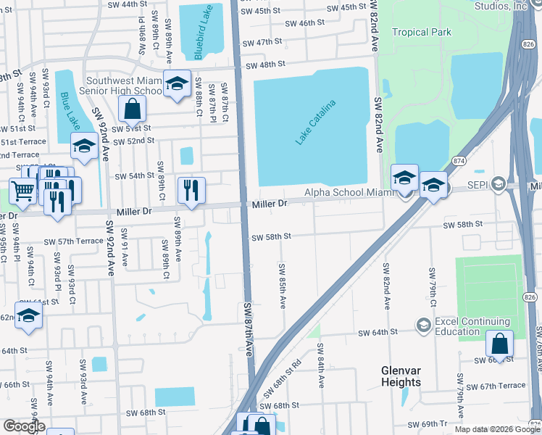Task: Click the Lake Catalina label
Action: [x=315, y=122]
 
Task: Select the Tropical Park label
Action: [x=421, y=32]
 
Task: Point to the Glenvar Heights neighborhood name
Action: [x=401, y=376]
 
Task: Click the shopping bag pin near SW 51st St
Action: [x=132, y=110]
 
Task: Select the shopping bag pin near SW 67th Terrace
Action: [x=499, y=343]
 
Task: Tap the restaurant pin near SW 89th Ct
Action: [x=191, y=190]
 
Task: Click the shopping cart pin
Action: [x=22, y=191]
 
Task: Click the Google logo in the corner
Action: [x=23, y=427]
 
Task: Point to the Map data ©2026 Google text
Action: [x=497, y=429]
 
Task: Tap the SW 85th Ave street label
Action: [x=281, y=285]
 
